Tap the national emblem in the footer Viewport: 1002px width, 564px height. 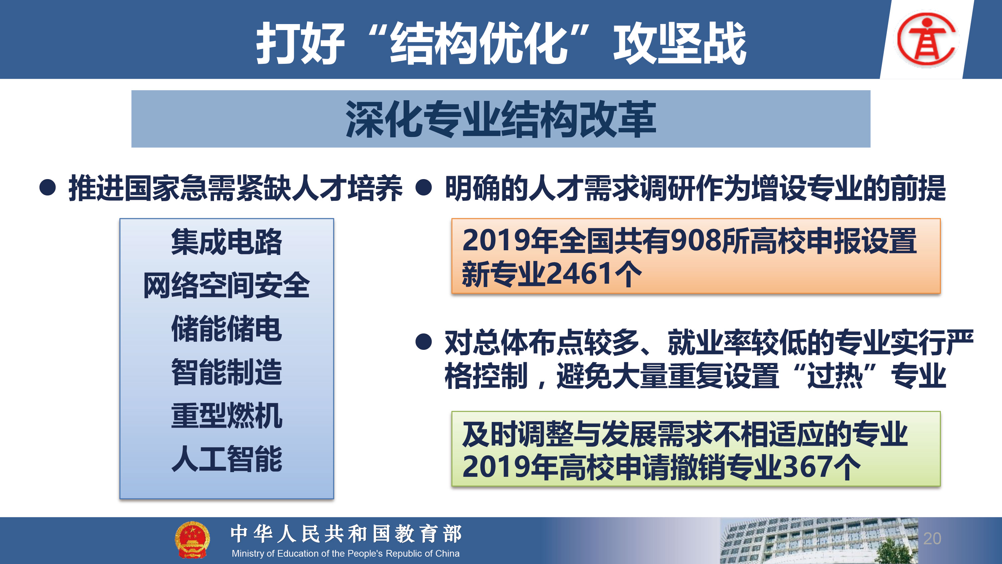point(192,540)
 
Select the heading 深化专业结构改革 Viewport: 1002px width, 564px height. point(501,119)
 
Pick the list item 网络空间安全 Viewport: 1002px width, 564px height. point(226,285)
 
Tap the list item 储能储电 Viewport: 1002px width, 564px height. point(226,329)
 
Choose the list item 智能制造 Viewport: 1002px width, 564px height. point(226,372)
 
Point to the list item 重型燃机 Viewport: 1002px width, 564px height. point(226,416)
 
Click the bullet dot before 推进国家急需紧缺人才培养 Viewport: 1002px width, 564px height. point(47,188)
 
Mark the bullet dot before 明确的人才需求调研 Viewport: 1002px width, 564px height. point(424,188)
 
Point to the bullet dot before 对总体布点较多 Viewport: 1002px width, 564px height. point(424,342)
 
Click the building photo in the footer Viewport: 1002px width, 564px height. point(819,541)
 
